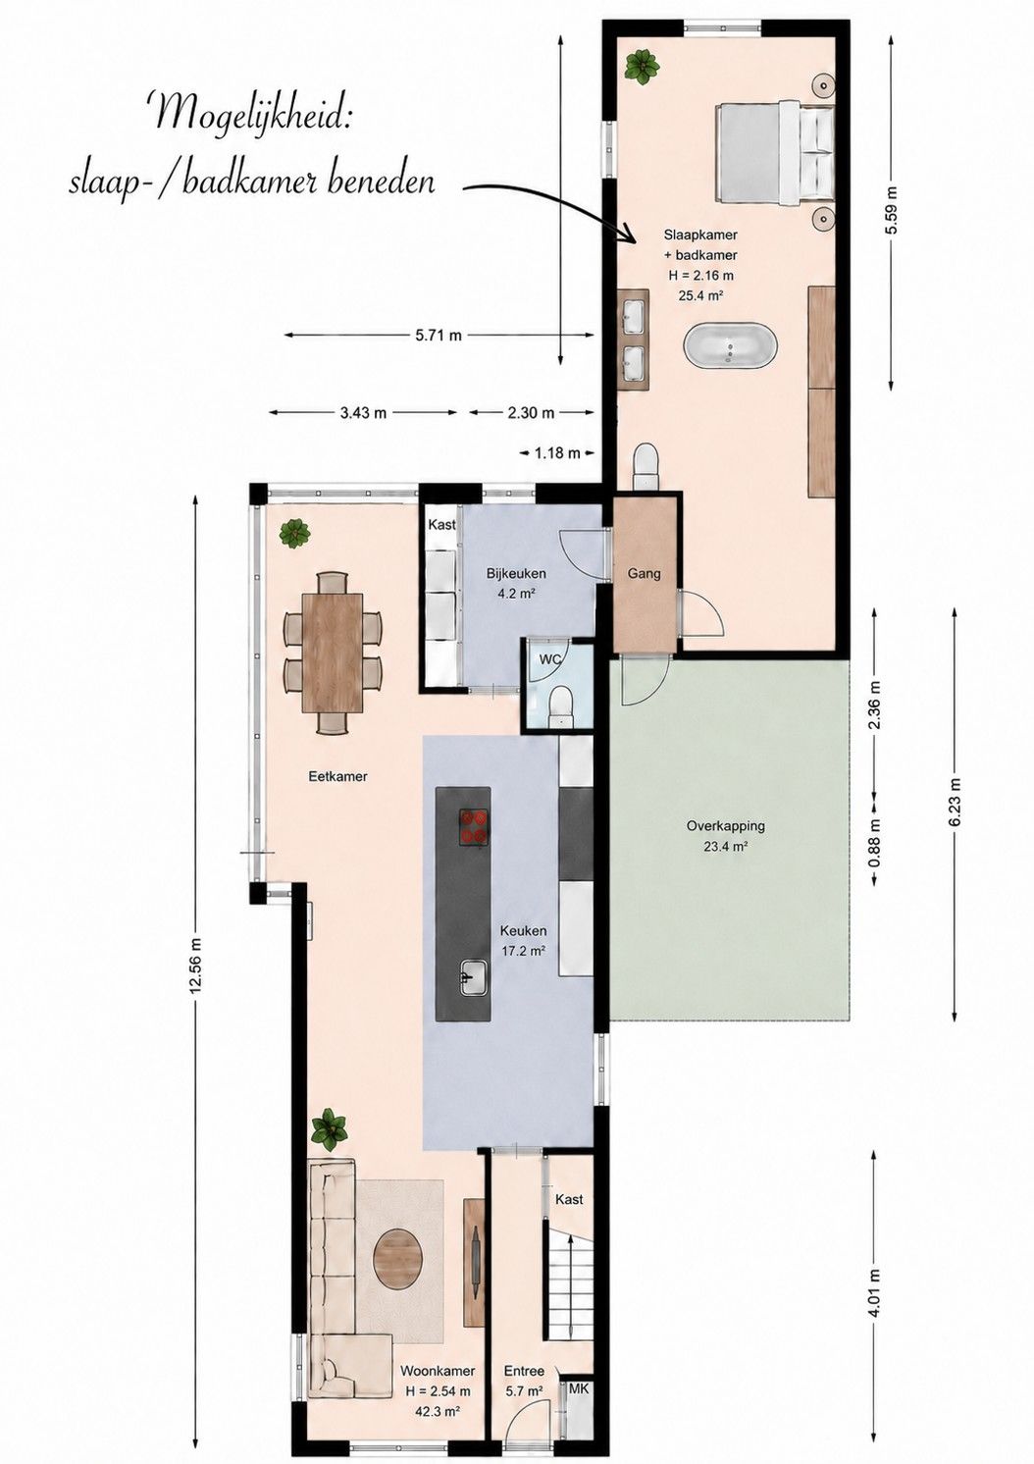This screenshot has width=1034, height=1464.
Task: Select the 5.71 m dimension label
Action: (439, 336)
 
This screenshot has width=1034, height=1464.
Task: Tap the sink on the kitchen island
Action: (473, 977)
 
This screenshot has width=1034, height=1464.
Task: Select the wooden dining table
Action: (332, 653)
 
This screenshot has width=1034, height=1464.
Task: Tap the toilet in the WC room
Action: (561, 706)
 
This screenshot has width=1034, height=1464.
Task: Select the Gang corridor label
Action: (644, 573)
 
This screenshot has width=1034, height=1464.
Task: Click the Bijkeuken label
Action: (516, 574)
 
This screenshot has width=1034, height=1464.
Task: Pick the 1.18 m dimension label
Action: (558, 452)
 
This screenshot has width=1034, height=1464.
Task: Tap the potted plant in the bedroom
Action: (642, 66)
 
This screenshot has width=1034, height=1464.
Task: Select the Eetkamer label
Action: (337, 776)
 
